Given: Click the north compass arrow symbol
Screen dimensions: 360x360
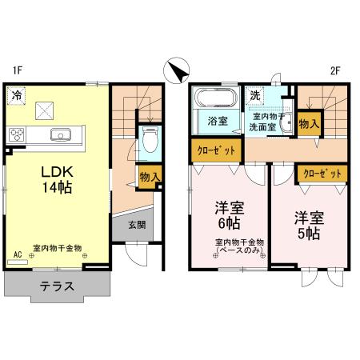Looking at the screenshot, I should pyautogui.click(x=177, y=71).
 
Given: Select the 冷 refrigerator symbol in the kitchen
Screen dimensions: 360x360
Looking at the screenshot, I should pyautogui.click(x=17, y=96).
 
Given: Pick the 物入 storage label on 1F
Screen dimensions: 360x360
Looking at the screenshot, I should pyautogui.click(x=148, y=177).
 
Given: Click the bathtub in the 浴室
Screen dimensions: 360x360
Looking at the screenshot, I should pyautogui.click(x=214, y=102).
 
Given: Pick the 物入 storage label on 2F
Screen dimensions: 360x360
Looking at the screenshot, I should pyautogui.click(x=309, y=123).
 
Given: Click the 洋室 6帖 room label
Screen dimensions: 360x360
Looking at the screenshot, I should pyautogui.click(x=229, y=214).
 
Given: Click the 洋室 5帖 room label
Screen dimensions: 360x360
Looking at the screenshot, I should pyautogui.click(x=307, y=226).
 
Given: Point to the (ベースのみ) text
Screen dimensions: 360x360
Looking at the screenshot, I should pyautogui.click(x=242, y=250).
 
